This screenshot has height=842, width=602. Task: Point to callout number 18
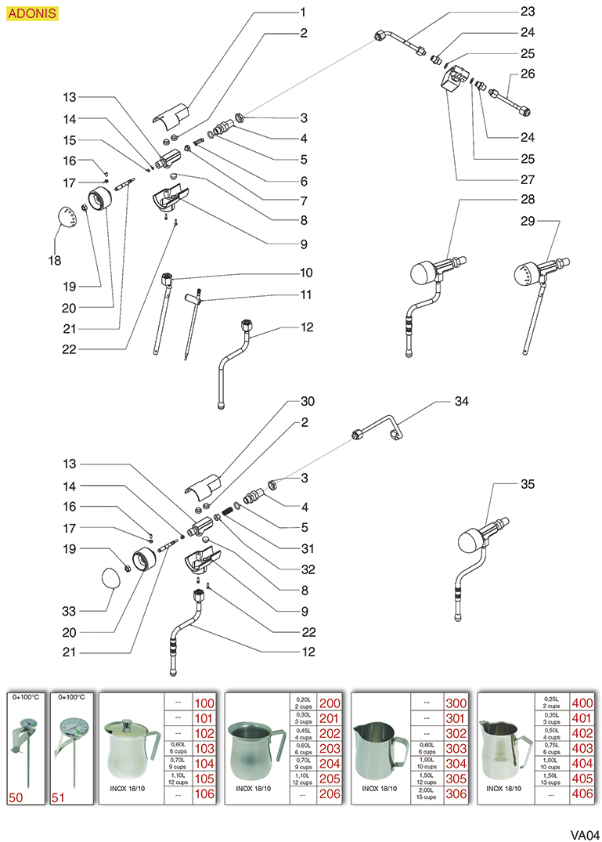coord(56,259)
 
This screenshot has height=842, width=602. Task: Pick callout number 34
coord(462,401)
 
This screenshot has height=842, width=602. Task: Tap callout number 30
coord(307,401)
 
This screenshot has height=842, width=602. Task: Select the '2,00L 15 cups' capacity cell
coord(427,793)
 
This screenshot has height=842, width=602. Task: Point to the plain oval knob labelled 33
coord(110,580)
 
